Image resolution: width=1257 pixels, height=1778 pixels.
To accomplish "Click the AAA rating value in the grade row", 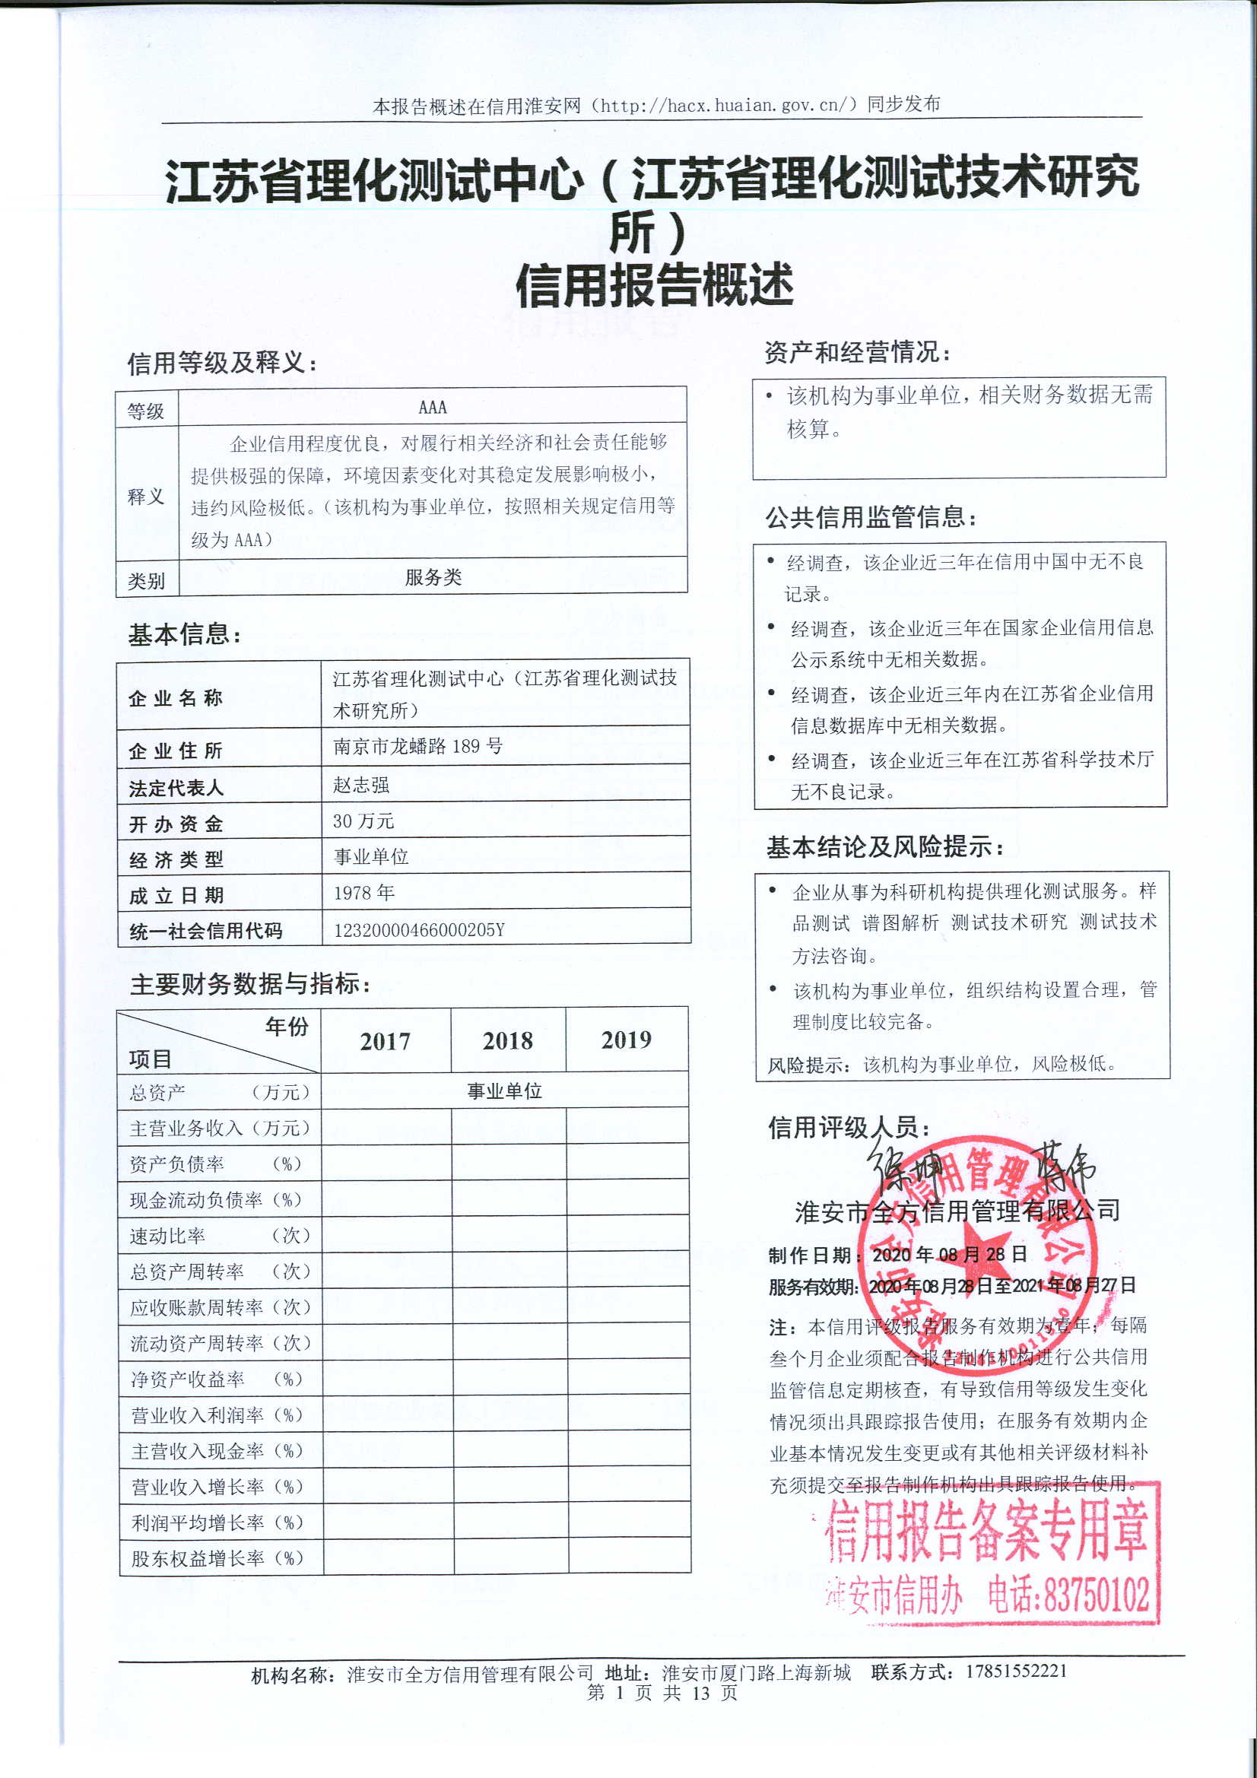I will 432,407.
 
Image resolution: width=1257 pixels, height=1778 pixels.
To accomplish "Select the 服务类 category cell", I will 433,577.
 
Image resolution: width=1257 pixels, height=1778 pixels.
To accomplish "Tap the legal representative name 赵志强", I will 361,785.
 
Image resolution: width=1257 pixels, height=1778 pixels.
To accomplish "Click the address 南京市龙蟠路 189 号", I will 417,747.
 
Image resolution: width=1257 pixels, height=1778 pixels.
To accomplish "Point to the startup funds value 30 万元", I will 363,821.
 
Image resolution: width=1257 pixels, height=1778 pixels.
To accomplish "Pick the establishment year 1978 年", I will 364,893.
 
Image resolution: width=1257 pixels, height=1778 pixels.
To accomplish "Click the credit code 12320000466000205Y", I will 419,929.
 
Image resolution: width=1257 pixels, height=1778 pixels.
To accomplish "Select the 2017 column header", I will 385,1042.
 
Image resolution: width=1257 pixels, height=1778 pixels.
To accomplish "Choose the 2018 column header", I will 507,1041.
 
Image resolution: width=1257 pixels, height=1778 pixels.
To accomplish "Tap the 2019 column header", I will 627,1040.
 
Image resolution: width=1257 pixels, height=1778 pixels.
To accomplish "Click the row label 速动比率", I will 167,1236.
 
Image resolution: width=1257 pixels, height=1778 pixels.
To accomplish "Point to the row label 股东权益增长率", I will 198,1558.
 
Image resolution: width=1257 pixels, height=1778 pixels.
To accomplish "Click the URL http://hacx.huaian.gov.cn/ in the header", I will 724,104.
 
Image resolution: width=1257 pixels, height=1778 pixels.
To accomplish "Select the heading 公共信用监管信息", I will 871,516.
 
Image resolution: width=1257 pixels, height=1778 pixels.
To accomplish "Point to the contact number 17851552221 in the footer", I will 1016,1670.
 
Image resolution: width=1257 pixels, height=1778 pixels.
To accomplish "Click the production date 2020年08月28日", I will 950,1255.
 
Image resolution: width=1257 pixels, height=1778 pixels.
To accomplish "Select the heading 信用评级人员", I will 849,1128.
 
